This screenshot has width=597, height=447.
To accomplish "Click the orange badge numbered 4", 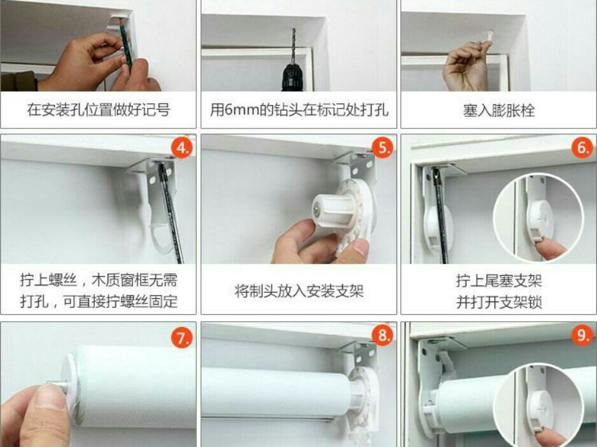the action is (183, 148).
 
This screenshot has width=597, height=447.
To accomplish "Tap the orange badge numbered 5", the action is (383, 147).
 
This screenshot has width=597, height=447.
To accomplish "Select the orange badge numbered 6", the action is (583, 148).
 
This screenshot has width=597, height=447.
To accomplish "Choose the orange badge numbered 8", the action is (383, 336).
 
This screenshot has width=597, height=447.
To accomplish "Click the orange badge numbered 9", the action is (583, 336).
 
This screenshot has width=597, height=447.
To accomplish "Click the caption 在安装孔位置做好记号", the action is (98, 110).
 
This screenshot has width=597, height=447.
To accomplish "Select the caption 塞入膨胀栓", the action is (499, 111).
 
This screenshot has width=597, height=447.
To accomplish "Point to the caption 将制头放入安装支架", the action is (299, 291).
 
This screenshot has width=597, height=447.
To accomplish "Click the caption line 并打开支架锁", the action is (499, 303).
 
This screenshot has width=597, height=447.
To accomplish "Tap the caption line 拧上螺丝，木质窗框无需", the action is (99, 280).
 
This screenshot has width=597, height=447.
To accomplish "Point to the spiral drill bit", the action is (293, 46).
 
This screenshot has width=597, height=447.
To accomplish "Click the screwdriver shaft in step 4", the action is (171, 213).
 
